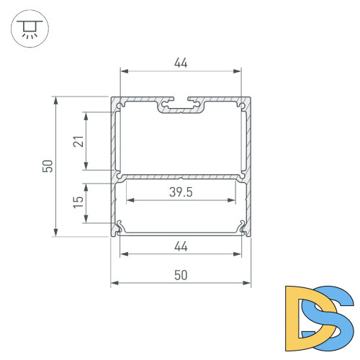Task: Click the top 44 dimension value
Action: [181, 63]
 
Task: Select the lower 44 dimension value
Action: [181, 247]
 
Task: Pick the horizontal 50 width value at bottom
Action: [181, 274]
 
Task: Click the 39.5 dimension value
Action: [181, 192]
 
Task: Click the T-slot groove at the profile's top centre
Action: [181, 105]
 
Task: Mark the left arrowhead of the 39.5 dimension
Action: [130, 200]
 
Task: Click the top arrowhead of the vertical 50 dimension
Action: [56, 100]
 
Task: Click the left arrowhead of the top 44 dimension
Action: [123, 71]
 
